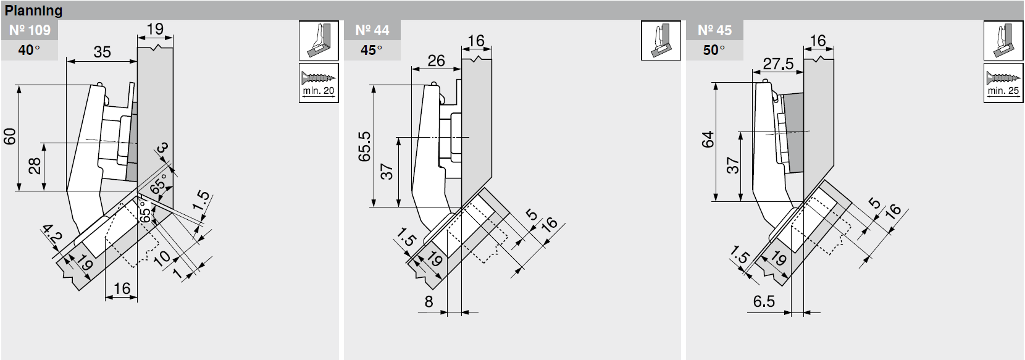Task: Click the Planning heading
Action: tap(33, 10)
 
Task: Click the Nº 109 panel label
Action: tap(30, 30)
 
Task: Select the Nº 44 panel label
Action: tap(372, 30)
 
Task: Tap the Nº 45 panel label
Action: tap(715, 30)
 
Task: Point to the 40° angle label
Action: tap(29, 50)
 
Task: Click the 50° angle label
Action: tap(714, 50)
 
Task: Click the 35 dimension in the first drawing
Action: tap(102, 52)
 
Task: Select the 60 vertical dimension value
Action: tap(10, 136)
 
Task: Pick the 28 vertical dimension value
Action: tap(35, 166)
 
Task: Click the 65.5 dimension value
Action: tap(364, 146)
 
